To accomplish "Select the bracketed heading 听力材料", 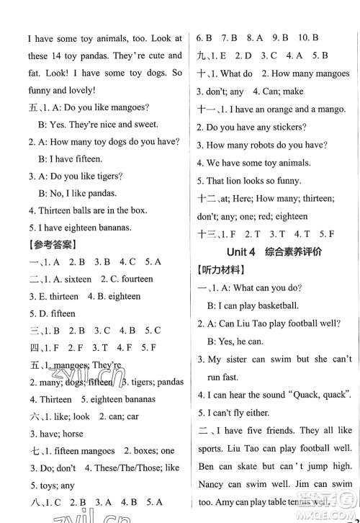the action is point(221,270).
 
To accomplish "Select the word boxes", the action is point(140,451).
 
